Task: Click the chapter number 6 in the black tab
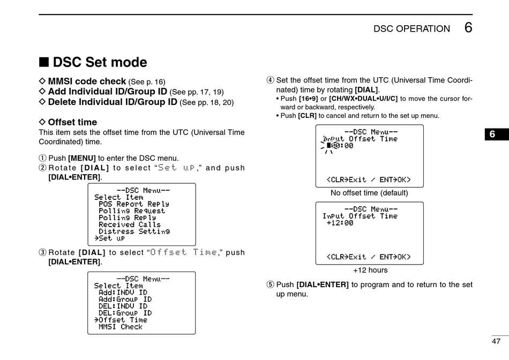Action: click(x=492, y=134)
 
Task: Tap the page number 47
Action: click(x=496, y=341)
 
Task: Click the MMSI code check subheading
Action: click(x=87, y=81)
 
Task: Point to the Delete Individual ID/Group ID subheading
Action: click(x=113, y=102)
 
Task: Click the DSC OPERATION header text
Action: click(x=411, y=29)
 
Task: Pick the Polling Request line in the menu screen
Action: click(x=132, y=211)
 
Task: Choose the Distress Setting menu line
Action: click(x=134, y=231)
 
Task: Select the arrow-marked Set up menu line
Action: click(x=110, y=238)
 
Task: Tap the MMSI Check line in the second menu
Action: click(x=120, y=327)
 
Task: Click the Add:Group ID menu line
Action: click(x=125, y=299)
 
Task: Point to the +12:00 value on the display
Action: click(x=340, y=223)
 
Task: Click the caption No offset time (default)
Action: click(x=369, y=193)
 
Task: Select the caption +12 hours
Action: click(x=370, y=270)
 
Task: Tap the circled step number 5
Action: click(x=270, y=284)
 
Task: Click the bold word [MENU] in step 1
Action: click(x=81, y=158)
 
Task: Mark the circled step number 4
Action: click(x=270, y=80)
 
